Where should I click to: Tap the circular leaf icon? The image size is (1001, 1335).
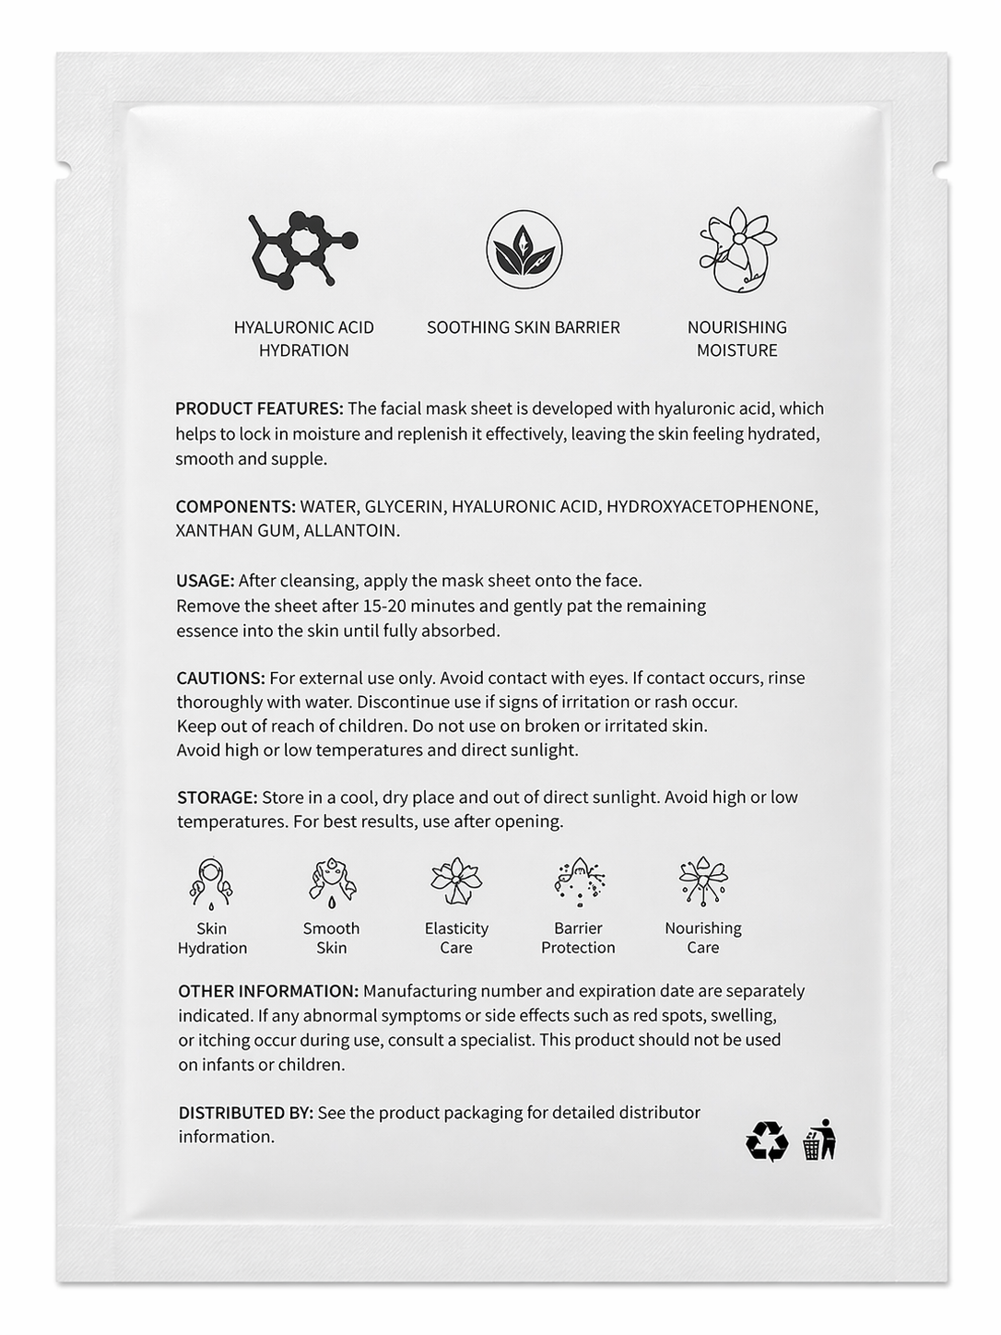click(524, 249)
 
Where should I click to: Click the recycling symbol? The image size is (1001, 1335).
click(767, 1140)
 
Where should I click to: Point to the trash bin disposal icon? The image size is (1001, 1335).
click(818, 1140)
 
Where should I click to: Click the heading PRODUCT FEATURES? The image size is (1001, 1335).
click(259, 408)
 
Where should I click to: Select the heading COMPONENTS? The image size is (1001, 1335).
click(236, 506)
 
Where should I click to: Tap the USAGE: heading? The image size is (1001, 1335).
click(205, 581)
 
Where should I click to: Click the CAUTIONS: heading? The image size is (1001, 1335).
click(220, 678)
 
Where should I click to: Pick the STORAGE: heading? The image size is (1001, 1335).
click(217, 797)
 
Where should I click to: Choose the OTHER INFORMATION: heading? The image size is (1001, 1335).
click(268, 991)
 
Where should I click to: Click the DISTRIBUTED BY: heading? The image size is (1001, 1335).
click(246, 1113)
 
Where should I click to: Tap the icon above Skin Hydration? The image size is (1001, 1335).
click(211, 883)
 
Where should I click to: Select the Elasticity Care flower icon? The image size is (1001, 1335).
click(456, 881)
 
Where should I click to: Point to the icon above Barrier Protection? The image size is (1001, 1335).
click(578, 881)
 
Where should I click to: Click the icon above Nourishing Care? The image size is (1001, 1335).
click(703, 881)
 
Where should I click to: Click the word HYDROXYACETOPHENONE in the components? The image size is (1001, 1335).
click(712, 506)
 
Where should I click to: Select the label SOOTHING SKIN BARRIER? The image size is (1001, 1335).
click(524, 327)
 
